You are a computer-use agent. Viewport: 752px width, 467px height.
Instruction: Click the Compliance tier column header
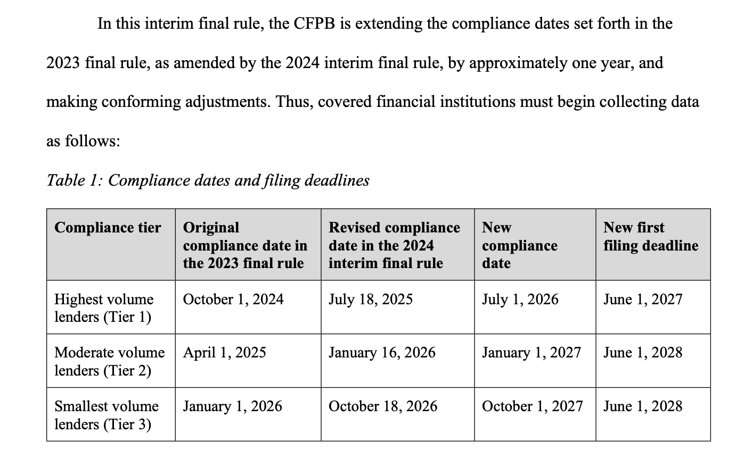[108, 228]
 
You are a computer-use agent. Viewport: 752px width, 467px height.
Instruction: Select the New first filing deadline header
[650, 237]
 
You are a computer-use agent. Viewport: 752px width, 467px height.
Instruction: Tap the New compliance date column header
[519, 245]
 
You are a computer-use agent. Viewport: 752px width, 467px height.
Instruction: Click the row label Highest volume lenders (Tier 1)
[104, 308]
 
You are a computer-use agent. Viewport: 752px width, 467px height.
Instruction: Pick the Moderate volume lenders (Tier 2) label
[109, 361]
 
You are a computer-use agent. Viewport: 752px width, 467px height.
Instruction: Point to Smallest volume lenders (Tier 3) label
[107, 415]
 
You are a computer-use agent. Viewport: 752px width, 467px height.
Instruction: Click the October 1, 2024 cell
[233, 299]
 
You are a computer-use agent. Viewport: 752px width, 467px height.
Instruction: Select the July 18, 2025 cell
[371, 299]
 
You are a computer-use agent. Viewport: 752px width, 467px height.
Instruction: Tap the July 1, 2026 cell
[520, 299]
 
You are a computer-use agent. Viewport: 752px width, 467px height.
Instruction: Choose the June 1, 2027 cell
[642, 299]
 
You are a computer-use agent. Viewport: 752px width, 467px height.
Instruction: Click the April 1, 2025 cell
[224, 353]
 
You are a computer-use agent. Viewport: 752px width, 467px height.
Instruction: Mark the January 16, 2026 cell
[382, 353]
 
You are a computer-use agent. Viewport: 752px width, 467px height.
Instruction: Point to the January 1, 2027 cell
[531, 353]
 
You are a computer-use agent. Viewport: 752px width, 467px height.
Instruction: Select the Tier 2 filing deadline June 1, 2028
[642, 353]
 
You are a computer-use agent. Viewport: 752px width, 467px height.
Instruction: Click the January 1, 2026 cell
[232, 406]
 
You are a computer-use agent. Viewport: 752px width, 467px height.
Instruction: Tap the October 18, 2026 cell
[383, 406]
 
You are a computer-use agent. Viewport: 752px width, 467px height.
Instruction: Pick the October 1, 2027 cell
[532, 406]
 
